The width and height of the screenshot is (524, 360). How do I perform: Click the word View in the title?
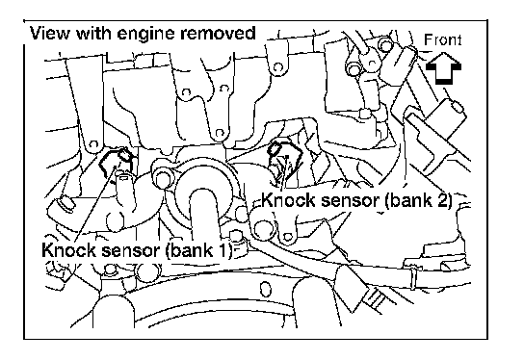tap(50, 34)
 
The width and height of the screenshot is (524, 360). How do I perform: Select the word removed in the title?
tap(218, 34)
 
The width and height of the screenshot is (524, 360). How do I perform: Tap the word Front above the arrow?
tap(443, 40)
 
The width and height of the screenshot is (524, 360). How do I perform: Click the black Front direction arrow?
tap(443, 67)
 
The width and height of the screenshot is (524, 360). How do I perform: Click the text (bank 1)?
tap(199, 250)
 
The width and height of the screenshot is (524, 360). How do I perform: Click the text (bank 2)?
tap(419, 201)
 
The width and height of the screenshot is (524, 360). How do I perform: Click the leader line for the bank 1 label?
tap(94, 204)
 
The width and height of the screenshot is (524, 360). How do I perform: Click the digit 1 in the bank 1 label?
tap(223, 250)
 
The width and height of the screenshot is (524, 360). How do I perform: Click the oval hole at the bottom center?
tap(265, 289)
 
